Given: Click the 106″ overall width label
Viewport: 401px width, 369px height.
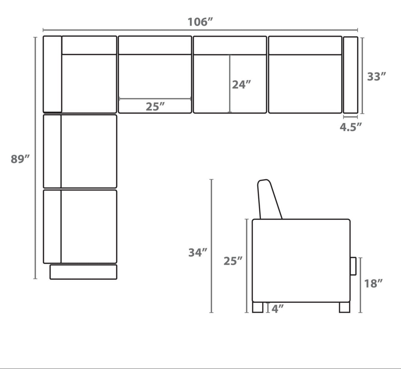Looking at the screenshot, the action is coord(200,22).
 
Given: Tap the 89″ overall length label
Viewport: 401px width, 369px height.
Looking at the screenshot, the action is coord(20,159).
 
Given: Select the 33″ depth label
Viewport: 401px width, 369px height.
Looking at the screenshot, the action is coord(377,76).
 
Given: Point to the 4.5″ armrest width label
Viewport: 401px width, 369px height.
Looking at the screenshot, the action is coord(351,127).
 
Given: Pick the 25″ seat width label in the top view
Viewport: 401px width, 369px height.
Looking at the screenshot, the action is coord(155,107).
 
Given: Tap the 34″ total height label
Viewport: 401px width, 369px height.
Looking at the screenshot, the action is coord(198,252).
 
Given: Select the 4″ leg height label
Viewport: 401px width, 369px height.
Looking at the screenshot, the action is coord(278,309).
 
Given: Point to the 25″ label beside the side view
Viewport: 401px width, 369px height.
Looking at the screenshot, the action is coord(233,261).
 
